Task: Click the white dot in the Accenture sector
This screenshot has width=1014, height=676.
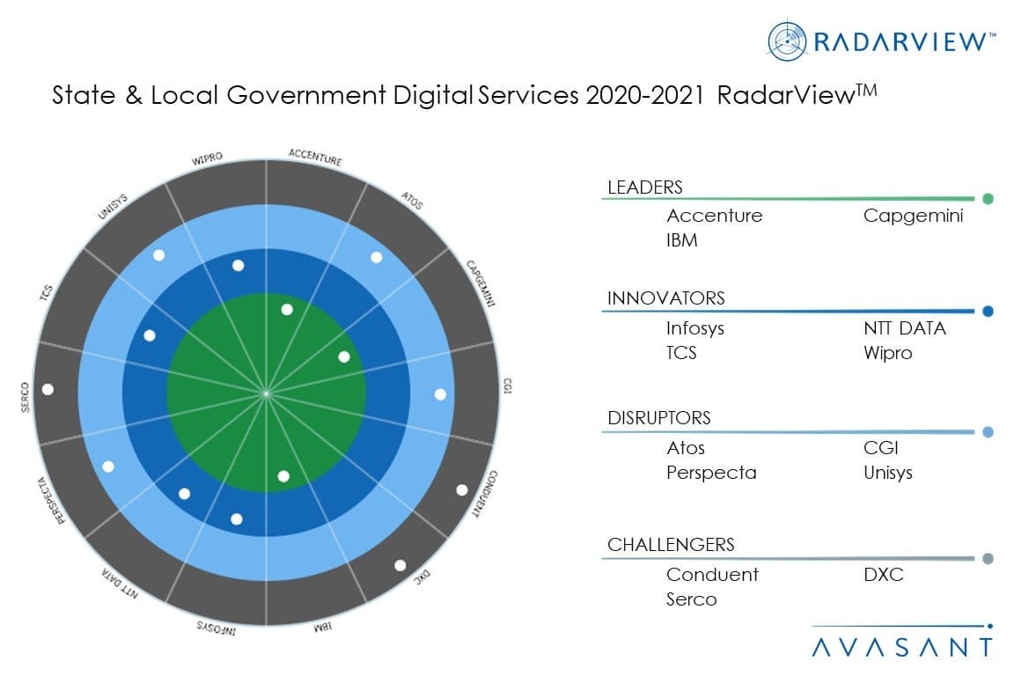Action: pyautogui.click(x=287, y=309)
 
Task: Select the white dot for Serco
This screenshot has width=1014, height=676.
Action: pyautogui.click(x=48, y=388)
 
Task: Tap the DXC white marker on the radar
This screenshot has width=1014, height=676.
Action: pyautogui.click(x=400, y=565)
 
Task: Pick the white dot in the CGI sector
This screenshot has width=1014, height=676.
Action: pyautogui.click(x=440, y=393)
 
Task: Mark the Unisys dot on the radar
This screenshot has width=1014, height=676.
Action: pyautogui.click(x=159, y=255)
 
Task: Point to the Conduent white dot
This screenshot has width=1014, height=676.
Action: pyautogui.click(x=461, y=489)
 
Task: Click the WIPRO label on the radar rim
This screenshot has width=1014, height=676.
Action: pyautogui.click(x=207, y=158)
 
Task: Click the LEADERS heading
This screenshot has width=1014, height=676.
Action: pyautogui.click(x=644, y=187)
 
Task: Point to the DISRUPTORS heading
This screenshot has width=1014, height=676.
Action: pyautogui.click(x=659, y=418)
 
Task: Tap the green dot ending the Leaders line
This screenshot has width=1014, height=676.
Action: pyautogui.click(x=988, y=199)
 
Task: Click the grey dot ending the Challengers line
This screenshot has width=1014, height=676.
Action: pyautogui.click(x=988, y=558)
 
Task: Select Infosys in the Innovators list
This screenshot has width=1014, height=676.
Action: pyautogui.click(x=695, y=329)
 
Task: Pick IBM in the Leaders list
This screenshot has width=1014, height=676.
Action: pyautogui.click(x=682, y=240)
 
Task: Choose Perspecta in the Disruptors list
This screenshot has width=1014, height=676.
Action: pyautogui.click(x=711, y=473)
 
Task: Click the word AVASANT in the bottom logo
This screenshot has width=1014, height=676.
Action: pyautogui.click(x=901, y=648)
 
